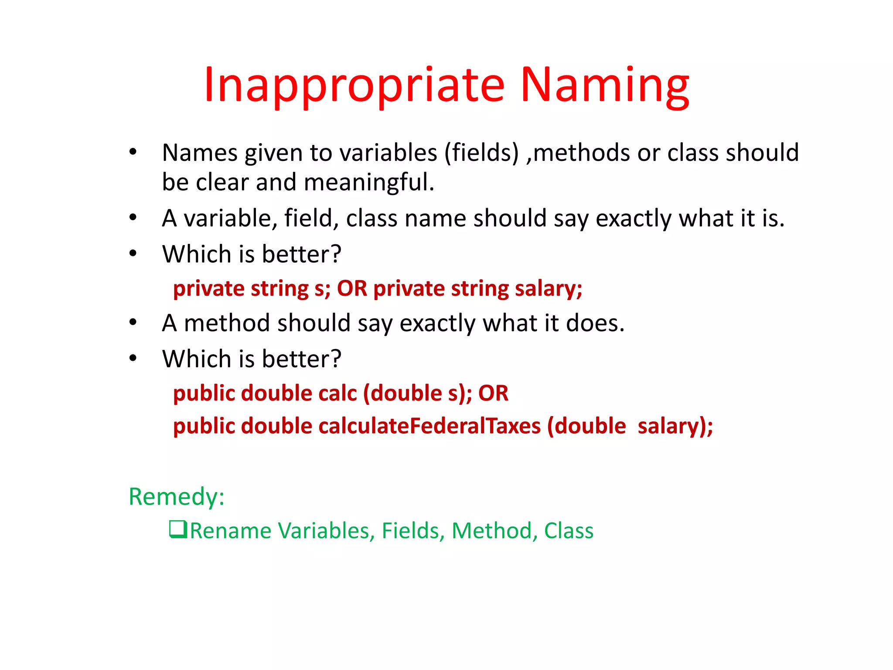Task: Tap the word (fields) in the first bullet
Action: tap(481, 153)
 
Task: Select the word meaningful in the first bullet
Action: tap(369, 182)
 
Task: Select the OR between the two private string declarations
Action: tap(352, 289)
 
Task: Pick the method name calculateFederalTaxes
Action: tap(429, 426)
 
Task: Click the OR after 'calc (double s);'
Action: tap(493, 393)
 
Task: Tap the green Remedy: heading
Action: tap(177, 497)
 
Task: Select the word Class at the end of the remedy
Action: tap(569, 531)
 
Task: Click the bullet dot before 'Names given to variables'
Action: tap(133, 152)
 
